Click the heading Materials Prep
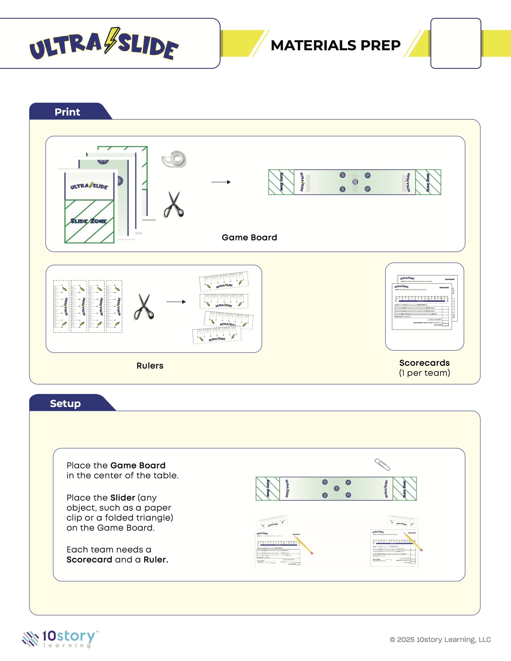tap(335, 45)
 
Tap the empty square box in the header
tap(456, 43)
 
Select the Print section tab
tap(67, 112)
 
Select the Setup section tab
tap(65, 403)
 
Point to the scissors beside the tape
tap(174, 205)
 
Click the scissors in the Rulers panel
tap(144, 306)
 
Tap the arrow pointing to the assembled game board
tap(221, 182)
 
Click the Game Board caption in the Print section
tap(249, 237)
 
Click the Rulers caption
tap(150, 366)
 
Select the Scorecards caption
tap(424, 363)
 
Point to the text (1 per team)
tap(424, 373)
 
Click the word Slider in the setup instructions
tap(123, 498)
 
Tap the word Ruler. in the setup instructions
tap(156, 560)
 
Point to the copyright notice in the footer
tap(440, 640)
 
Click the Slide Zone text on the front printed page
tap(89, 221)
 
